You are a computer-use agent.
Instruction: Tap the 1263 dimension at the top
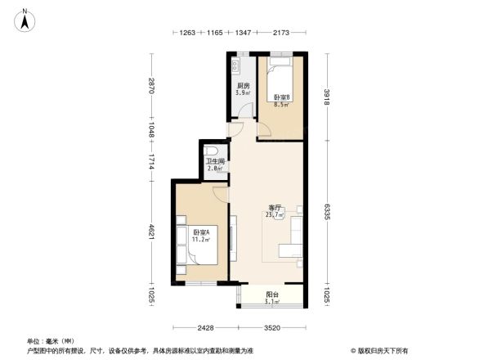click(188, 34)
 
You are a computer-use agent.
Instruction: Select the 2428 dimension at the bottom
click(205, 328)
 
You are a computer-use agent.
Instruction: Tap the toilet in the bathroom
click(212, 151)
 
